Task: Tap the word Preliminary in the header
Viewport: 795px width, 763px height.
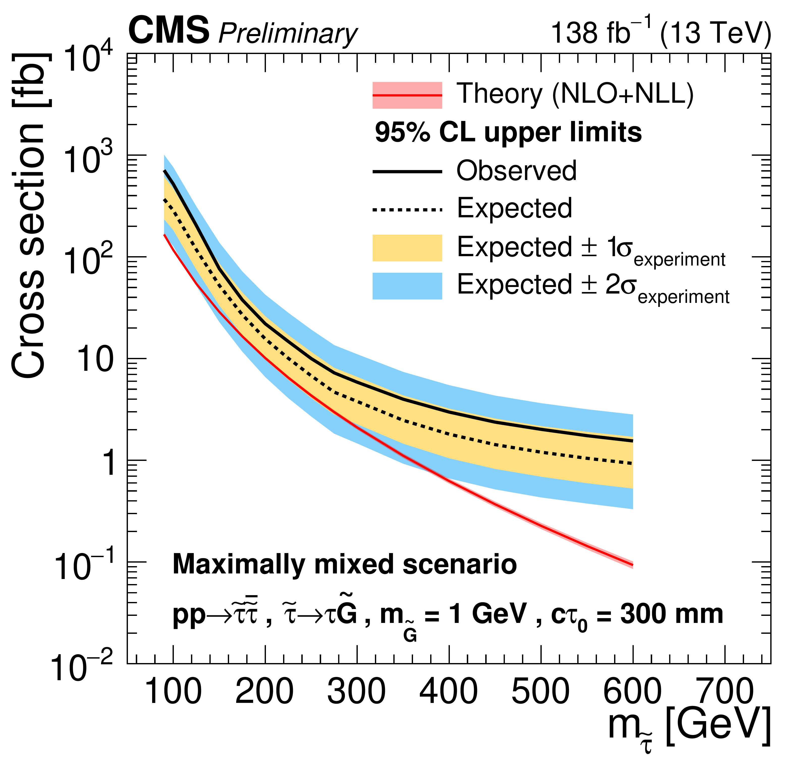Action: [288, 33]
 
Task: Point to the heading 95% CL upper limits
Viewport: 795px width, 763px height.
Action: [508, 133]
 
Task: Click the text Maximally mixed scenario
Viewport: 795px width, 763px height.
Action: [345, 565]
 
